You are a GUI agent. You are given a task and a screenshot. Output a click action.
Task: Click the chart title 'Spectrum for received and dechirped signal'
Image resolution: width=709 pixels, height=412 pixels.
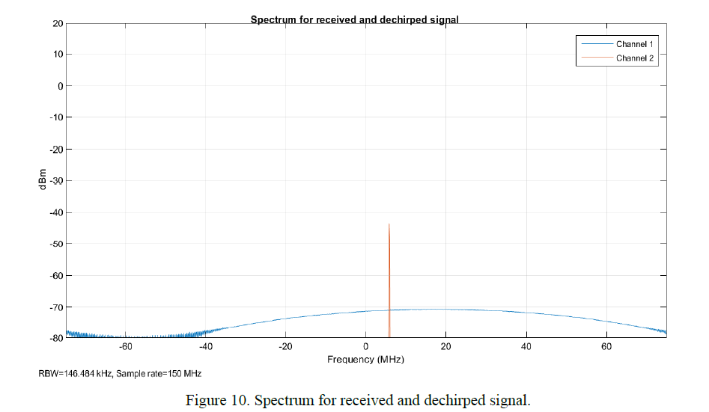pos(354,19)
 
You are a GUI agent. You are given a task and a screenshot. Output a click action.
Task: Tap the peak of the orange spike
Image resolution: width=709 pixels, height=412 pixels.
pos(389,224)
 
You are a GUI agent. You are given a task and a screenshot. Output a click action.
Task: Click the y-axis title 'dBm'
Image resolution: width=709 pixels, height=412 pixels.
pos(43,180)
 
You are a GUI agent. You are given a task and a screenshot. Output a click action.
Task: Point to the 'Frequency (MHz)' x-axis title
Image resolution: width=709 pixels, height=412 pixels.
pos(365,360)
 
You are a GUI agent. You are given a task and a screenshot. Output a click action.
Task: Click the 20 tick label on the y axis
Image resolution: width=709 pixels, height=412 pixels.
pos(57,23)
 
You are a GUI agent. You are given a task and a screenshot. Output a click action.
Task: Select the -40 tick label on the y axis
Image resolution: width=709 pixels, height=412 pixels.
pos(55,212)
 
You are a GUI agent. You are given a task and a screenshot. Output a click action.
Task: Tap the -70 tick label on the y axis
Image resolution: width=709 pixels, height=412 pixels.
pos(55,307)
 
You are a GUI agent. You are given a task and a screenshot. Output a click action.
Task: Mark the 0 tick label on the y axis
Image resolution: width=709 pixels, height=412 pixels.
pos(59,86)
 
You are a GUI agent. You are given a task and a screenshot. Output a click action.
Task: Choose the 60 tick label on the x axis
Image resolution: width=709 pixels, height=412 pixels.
pos(606,347)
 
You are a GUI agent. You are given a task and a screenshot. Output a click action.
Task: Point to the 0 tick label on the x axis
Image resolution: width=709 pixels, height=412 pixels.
pos(366,347)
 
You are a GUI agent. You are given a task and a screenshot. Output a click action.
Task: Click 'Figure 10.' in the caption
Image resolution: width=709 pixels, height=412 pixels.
pos(218,400)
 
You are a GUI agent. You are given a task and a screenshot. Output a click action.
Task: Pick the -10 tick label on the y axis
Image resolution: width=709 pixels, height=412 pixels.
pos(55,117)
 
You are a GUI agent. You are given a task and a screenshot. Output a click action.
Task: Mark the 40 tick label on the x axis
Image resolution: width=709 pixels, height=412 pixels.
pos(526,347)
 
